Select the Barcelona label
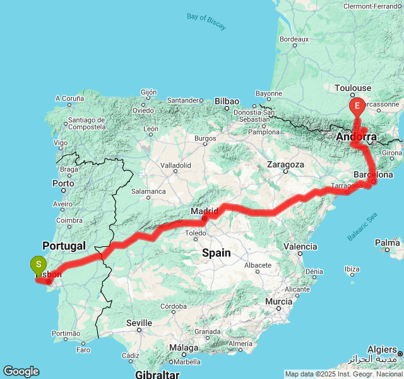[373, 174]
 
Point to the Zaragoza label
[286, 164]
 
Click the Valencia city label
[300, 246]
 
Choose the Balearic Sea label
[362, 227]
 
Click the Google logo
[21, 371]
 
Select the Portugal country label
[64, 245]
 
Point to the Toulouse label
[353, 88]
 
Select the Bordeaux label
[294, 39]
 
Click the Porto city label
[64, 184]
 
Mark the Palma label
[387, 243]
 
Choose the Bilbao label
[227, 101]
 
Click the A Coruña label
[69, 99]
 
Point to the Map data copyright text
[343, 374]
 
